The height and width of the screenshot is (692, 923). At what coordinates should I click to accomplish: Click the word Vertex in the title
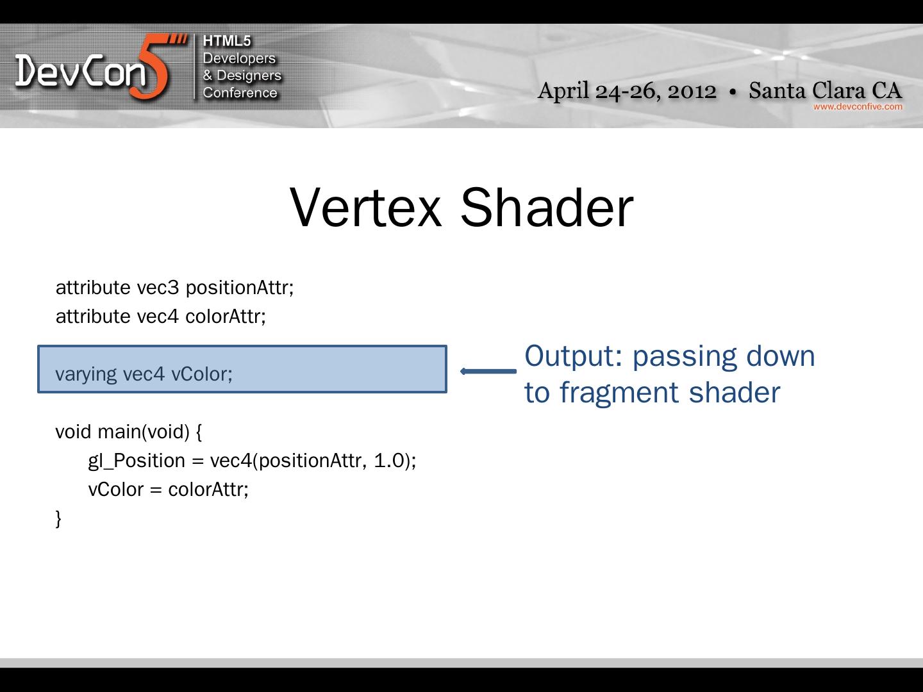tap(365, 208)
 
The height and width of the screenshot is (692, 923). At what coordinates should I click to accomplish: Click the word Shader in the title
tap(547, 208)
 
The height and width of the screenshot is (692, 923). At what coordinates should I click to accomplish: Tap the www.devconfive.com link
tap(858, 107)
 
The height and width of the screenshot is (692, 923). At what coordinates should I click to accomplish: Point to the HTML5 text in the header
tap(227, 41)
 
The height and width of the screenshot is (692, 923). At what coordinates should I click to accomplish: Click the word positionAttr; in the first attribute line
tap(240, 288)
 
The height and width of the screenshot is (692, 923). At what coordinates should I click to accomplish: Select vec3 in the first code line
tap(158, 288)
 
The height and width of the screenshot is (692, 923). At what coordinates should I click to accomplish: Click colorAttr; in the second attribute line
tap(226, 317)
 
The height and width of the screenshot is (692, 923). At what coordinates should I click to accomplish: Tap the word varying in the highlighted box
tap(86, 374)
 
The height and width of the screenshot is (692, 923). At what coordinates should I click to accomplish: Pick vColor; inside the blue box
tap(202, 374)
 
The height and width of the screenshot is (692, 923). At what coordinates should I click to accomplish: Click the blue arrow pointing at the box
tap(488, 371)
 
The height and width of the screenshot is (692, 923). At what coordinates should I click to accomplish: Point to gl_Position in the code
tap(137, 461)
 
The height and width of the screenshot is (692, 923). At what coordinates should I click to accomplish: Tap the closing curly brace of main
tap(58, 518)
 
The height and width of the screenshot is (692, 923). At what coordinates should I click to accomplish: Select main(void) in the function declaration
tap(144, 432)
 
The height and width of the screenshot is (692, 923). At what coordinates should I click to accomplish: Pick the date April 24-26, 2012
tap(627, 91)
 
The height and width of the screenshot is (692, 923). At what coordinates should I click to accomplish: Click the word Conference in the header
tap(240, 92)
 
